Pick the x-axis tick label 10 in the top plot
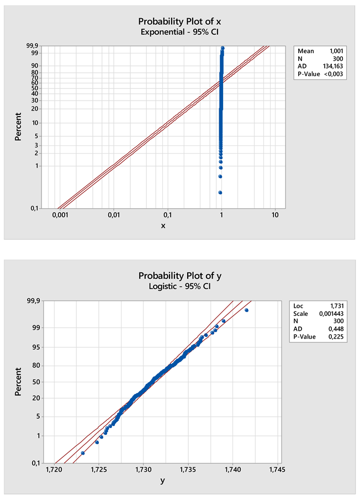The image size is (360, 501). click(275, 215)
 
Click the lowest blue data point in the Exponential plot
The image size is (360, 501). click(220, 192)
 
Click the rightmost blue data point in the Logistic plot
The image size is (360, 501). click(246, 310)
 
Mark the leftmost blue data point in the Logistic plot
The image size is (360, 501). click(83, 453)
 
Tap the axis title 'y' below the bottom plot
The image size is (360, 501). click(162, 481)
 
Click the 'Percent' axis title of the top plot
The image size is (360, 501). click(18, 126)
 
